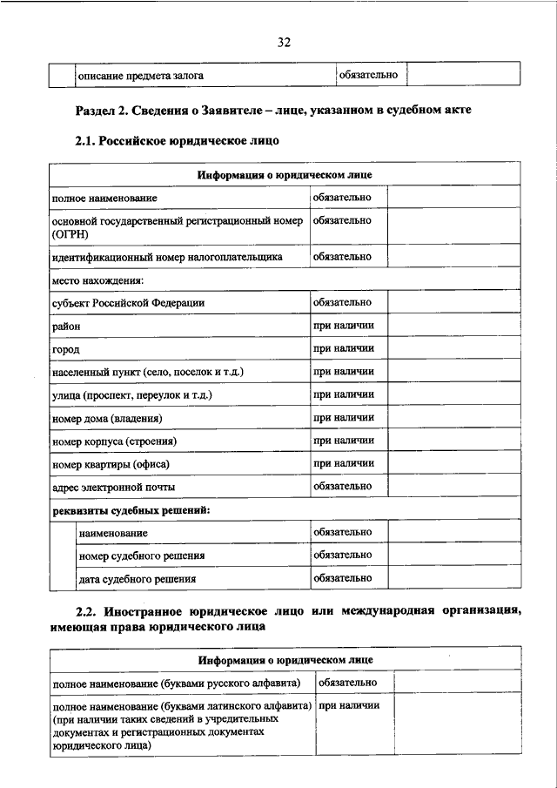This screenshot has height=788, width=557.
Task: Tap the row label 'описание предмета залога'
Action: click(141, 76)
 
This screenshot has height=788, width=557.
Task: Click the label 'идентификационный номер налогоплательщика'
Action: click(166, 258)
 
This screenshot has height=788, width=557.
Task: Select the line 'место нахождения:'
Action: click(97, 280)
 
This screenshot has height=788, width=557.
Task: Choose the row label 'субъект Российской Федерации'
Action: click(128, 303)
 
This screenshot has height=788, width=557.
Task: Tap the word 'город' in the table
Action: click(66, 349)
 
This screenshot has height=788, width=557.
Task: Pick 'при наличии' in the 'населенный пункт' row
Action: click(344, 372)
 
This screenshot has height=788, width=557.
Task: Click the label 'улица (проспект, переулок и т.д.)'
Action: click(132, 395)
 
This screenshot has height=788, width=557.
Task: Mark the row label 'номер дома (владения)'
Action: click(107, 419)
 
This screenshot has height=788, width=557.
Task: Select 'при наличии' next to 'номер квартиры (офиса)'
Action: click(344, 464)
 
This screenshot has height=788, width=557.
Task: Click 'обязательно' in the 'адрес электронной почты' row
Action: click(343, 487)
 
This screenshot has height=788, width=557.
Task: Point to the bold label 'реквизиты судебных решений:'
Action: click(131, 509)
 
